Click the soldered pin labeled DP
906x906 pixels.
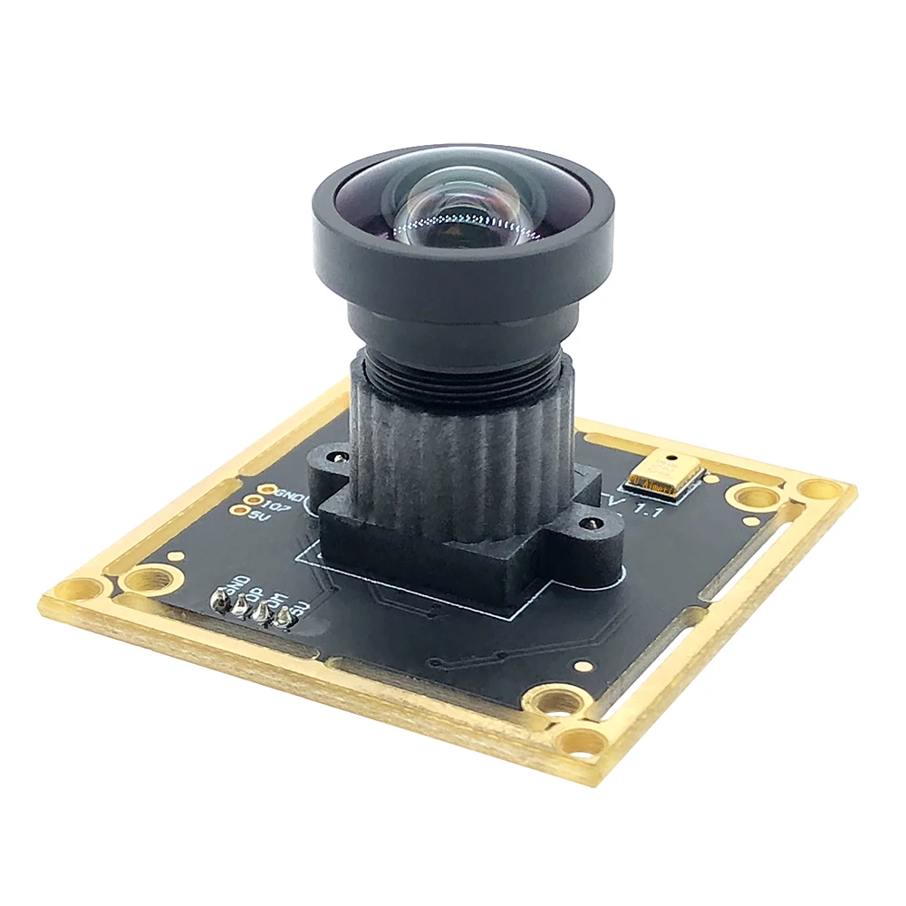point(241,606)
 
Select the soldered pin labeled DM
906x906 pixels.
point(264,613)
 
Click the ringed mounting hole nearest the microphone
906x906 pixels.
point(756,496)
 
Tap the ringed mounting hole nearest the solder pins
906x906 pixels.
point(142,581)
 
